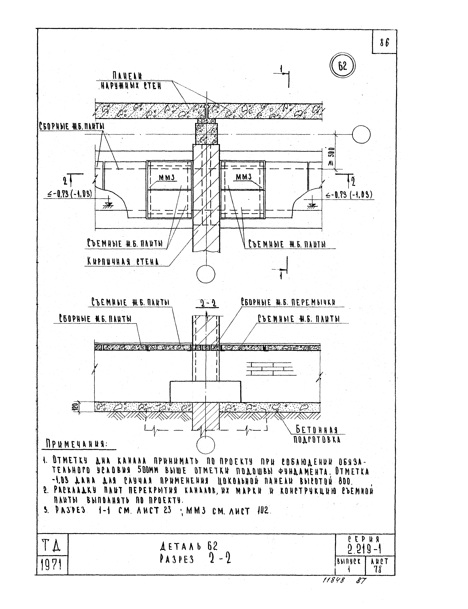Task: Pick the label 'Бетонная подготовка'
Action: tap(317, 435)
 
